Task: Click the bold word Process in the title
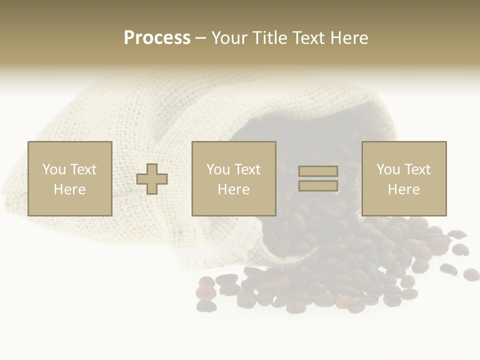click(157, 38)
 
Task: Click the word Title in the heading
click(270, 38)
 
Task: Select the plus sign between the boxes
click(152, 178)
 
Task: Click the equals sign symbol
click(318, 178)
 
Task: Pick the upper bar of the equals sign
click(318, 171)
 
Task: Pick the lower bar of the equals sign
click(318, 185)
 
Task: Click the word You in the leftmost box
click(54, 169)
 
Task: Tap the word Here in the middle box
click(233, 189)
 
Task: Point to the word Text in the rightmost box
click(417, 169)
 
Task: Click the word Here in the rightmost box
click(403, 189)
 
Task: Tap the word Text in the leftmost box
click(83, 169)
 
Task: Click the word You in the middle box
click(218, 169)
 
